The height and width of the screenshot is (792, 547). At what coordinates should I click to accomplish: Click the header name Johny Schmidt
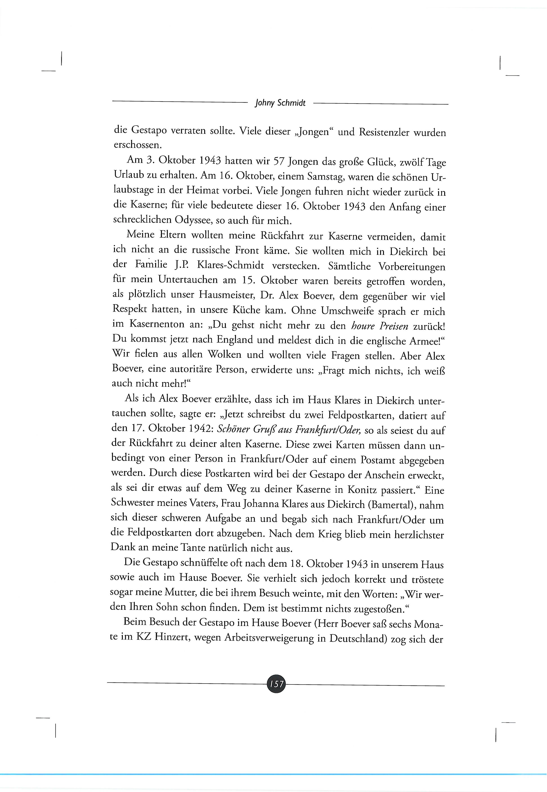(x=280, y=103)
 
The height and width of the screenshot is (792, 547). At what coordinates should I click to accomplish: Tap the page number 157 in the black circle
(x=276, y=684)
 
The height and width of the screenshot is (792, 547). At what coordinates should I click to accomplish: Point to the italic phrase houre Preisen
(x=380, y=326)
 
